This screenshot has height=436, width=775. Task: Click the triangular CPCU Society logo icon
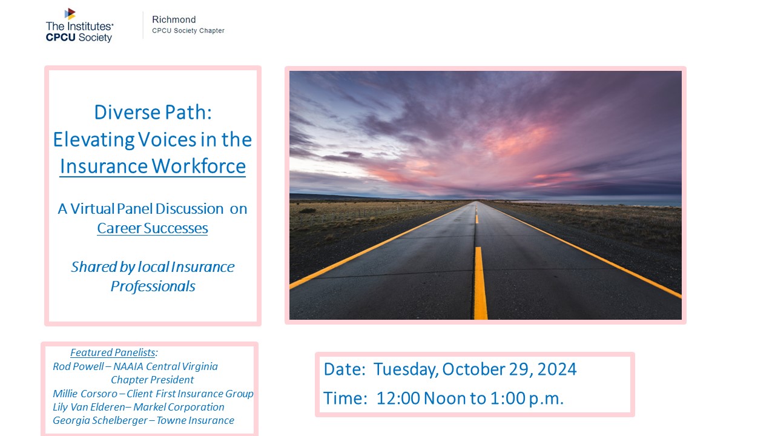pyautogui.click(x=70, y=14)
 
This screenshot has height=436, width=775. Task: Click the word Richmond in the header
pyautogui.click(x=174, y=19)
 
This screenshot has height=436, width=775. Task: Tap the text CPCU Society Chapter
pyautogui.click(x=188, y=31)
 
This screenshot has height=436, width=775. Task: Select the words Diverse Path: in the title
pyautogui.click(x=153, y=112)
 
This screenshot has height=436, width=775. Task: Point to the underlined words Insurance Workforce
pyautogui.click(x=153, y=167)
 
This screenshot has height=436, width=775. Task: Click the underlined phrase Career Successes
pyautogui.click(x=153, y=228)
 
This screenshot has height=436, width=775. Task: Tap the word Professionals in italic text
pyautogui.click(x=153, y=286)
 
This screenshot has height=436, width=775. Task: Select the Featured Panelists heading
pyautogui.click(x=113, y=352)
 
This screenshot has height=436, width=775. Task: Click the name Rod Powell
pyautogui.click(x=78, y=366)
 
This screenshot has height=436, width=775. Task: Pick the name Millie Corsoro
pyautogui.click(x=85, y=394)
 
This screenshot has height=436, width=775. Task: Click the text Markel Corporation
pyautogui.click(x=179, y=408)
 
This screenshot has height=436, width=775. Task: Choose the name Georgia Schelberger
pyautogui.click(x=100, y=420)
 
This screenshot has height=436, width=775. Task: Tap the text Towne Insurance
pyautogui.click(x=195, y=420)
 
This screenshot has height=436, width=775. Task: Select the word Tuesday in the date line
pyautogui.click(x=404, y=369)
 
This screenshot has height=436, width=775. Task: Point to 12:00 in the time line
pyautogui.click(x=398, y=398)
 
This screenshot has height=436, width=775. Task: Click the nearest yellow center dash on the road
pyautogui.click(x=481, y=283)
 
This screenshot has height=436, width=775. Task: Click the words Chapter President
pyautogui.click(x=152, y=380)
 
